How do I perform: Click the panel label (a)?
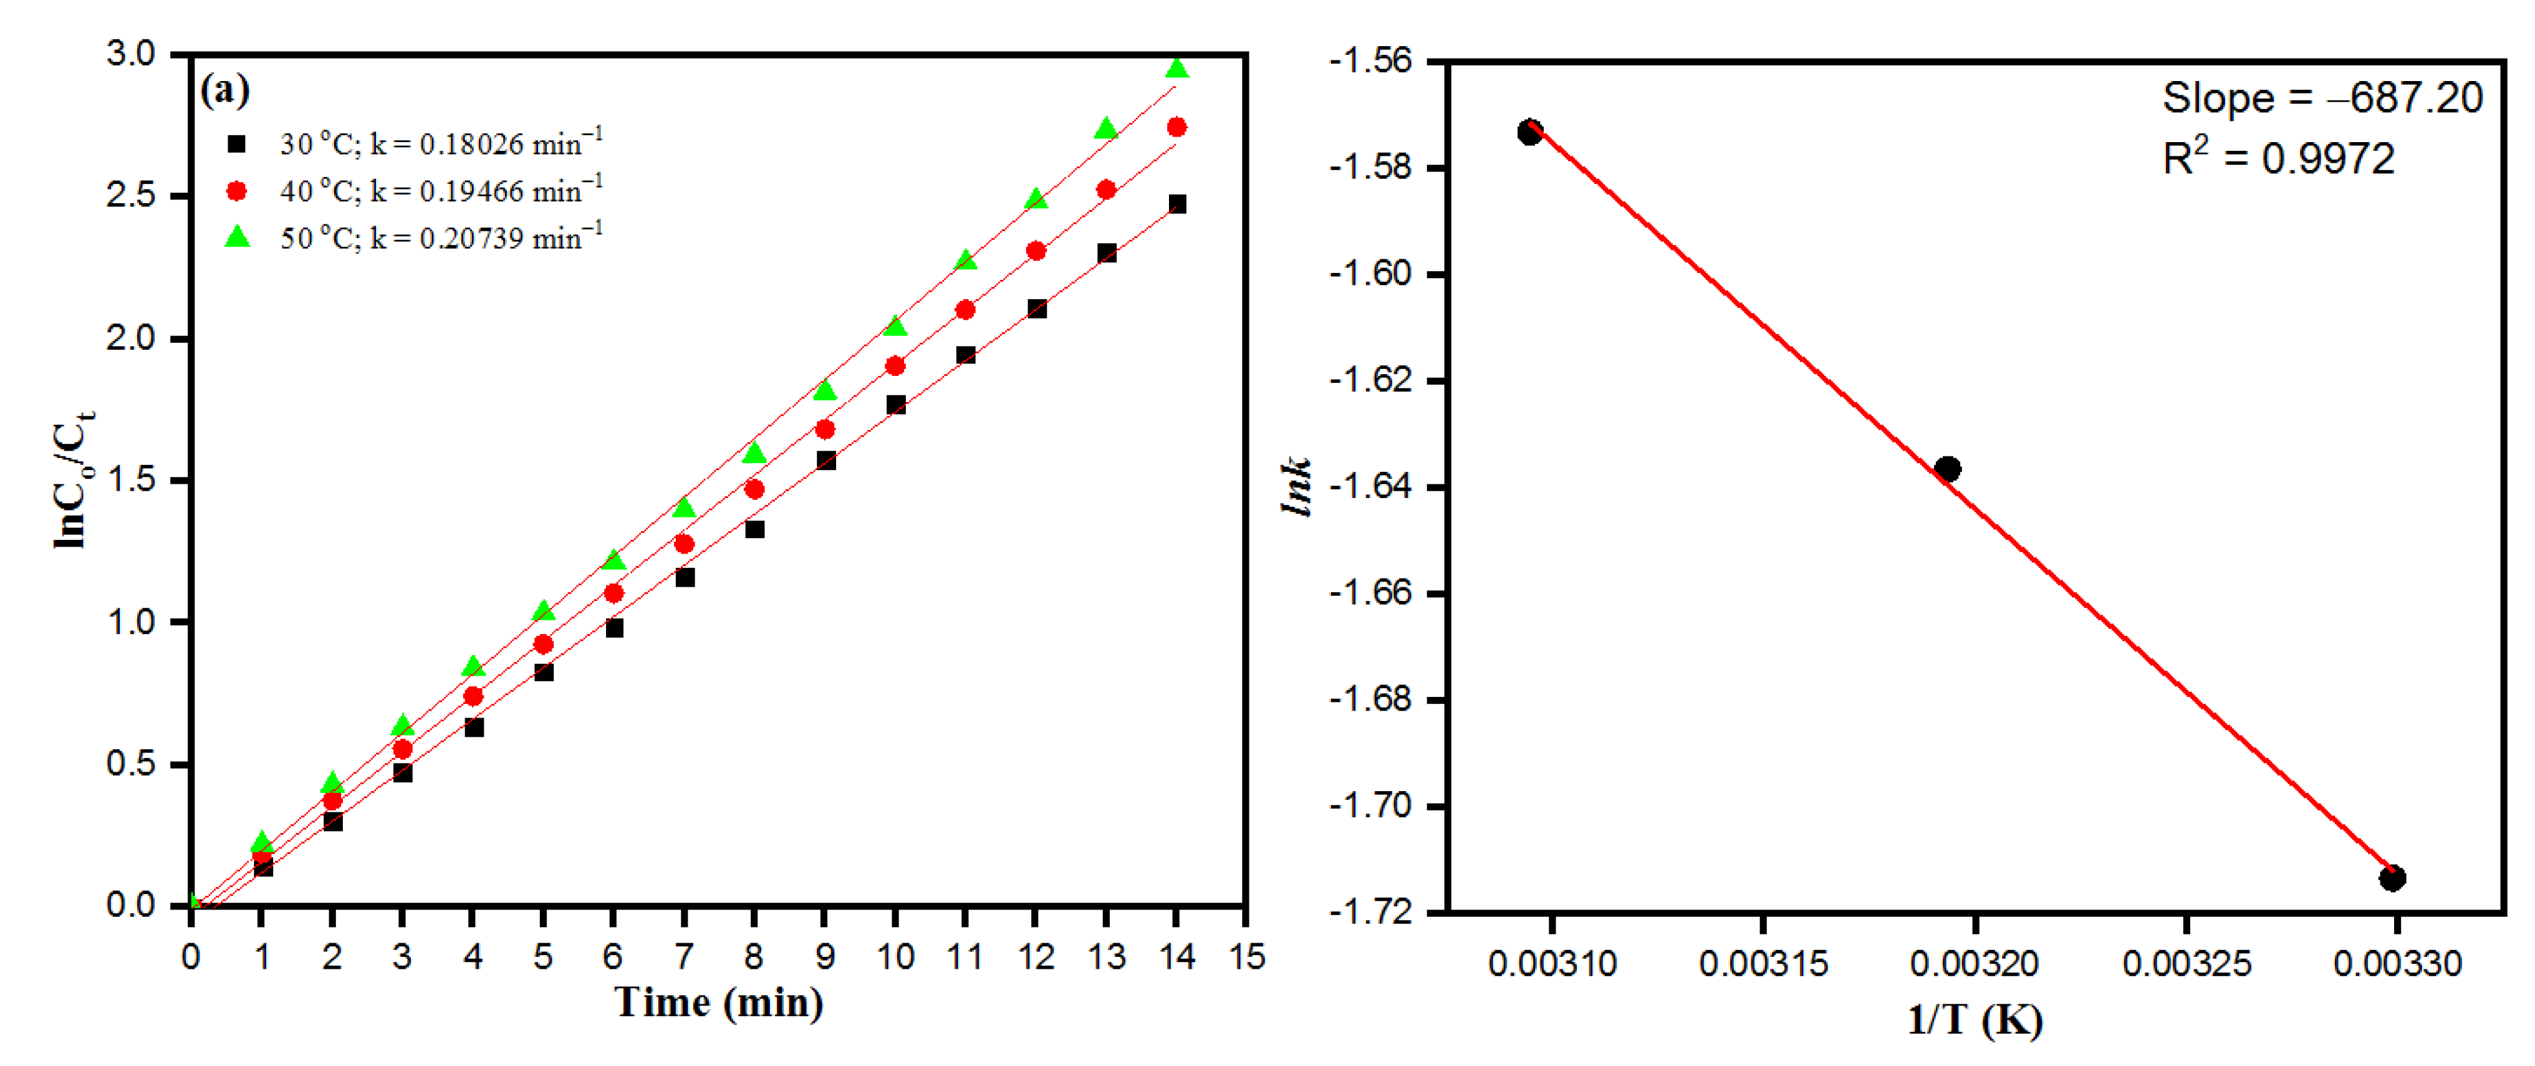pos(224,90)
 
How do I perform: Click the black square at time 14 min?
pos(1177,204)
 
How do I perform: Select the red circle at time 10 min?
pos(895,366)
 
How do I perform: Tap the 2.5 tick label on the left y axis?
pos(131,195)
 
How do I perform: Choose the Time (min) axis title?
pos(719,1003)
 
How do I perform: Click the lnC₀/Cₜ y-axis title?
pos(74,479)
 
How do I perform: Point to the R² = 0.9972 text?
pos(2278,158)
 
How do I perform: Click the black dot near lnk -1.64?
pos(1948,469)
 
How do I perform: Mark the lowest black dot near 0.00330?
pos(2392,878)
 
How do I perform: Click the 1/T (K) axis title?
pos(1974,1019)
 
